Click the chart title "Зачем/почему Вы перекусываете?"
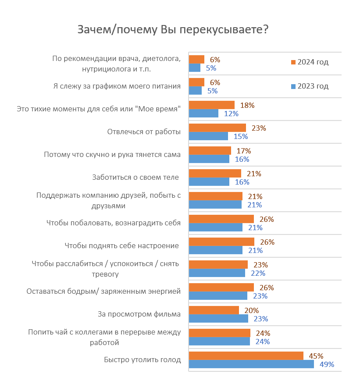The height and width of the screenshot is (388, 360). pyautogui.click(x=173, y=29)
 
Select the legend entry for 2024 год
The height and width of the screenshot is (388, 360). pyautogui.click(x=309, y=62)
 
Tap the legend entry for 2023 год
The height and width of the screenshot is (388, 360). pyautogui.click(x=309, y=86)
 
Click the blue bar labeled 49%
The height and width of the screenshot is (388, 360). pyautogui.click(x=251, y=364)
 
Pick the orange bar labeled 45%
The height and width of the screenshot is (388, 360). pyautogui.click(x=246, y=356)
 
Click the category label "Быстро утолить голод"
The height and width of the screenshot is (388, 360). pyautogui.click(x=142, y=360)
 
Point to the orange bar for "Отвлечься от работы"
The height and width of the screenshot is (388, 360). pyautogui.click(x=217, y=128)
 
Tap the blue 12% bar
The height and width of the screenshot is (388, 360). pyautogui.click(x=203, y=114)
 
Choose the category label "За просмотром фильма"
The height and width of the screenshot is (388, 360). pyautogui.click(x=139, y=314)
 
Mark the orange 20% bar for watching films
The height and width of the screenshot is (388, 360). pyautogui.click(x=214, y=310)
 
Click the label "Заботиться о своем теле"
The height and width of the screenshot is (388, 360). pyautogui.click(x=135, y=178)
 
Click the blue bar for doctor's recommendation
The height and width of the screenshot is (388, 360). pyautogui.click(x=194, y=68)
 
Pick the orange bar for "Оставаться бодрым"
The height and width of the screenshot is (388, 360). pyautogui.click(x=221, y=287)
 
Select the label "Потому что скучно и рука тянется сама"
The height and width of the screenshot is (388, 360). pyautogui.click(x=112, y=155)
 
